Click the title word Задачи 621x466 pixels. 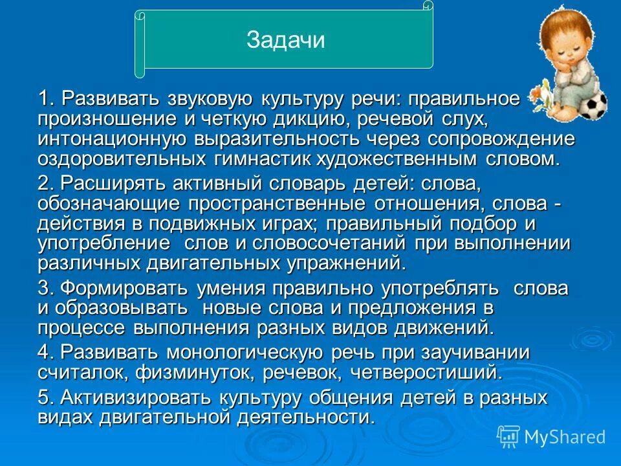(x=285, y=40)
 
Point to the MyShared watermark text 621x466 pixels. (x=565, y=437)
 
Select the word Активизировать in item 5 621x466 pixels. (x=128, y=397)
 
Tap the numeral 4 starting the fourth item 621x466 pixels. (x=43, y=352)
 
